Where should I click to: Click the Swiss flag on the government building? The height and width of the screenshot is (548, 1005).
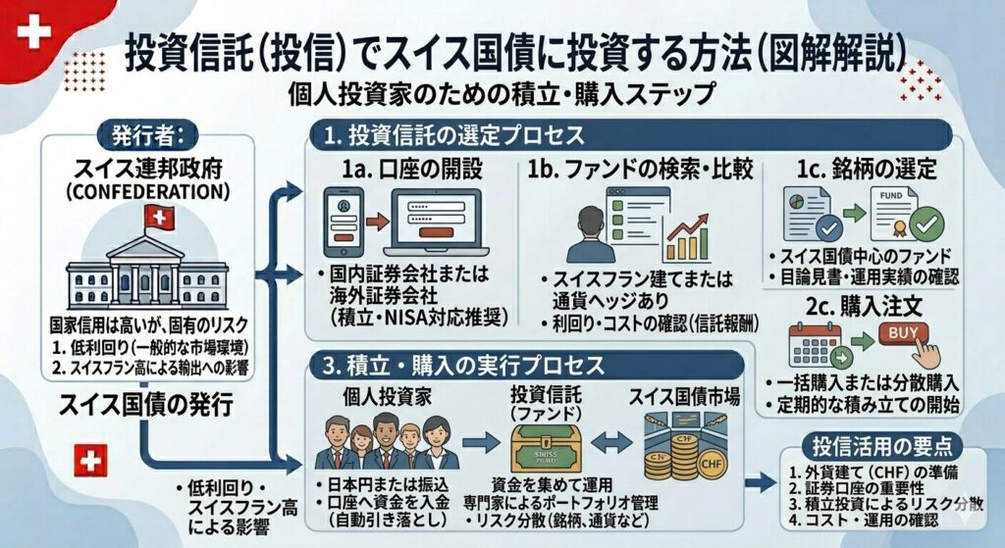tap(158, 218)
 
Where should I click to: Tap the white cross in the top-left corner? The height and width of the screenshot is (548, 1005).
tap(34, 33)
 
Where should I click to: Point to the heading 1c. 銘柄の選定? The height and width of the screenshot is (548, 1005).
tap(864, 169)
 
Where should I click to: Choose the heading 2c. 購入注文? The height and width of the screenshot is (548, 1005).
tap(864, 306)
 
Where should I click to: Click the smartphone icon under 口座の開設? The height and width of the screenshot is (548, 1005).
tap(343, 221)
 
